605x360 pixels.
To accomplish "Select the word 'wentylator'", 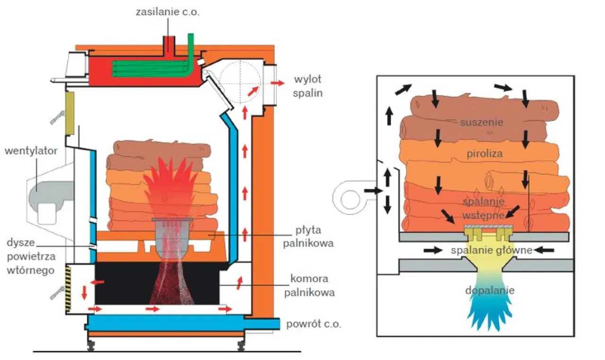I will (31, 151).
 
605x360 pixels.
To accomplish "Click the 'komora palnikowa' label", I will (310, 285).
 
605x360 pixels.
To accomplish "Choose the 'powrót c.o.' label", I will (313, 325).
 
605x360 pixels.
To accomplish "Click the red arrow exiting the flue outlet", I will (278, 83).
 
